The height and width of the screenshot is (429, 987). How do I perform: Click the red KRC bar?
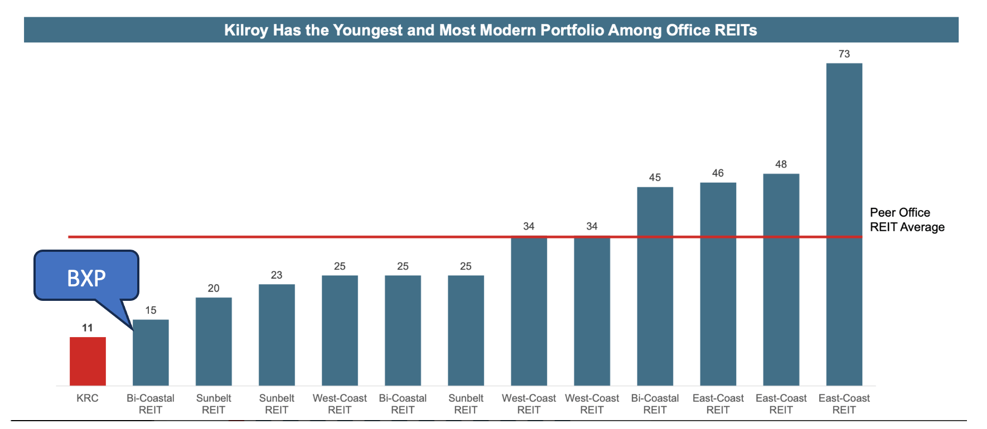[88, 361]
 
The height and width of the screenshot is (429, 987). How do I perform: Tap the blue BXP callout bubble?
[86, 276]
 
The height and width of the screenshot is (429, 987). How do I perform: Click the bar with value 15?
[151, 352]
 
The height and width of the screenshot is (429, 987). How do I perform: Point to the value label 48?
[781, 164]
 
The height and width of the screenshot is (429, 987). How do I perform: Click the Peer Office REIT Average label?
[907, 220]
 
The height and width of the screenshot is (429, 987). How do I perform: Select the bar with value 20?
[214, 341]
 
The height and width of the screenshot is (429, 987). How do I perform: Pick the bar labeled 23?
[277, 334]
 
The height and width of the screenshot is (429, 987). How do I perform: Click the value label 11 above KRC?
[88, 328]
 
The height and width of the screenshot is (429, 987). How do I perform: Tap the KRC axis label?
[88, 398]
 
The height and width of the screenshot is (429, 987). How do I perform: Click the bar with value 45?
[655, 286]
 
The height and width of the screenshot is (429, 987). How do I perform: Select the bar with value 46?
[718, 284]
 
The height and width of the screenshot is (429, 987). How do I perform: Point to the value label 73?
[844, 54]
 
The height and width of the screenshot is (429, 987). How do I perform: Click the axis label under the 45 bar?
[655, 404]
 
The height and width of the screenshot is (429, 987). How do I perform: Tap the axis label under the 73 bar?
[844, 404]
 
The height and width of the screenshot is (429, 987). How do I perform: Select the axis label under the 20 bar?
[214, 404]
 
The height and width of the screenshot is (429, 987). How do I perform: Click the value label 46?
[718, 173]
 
